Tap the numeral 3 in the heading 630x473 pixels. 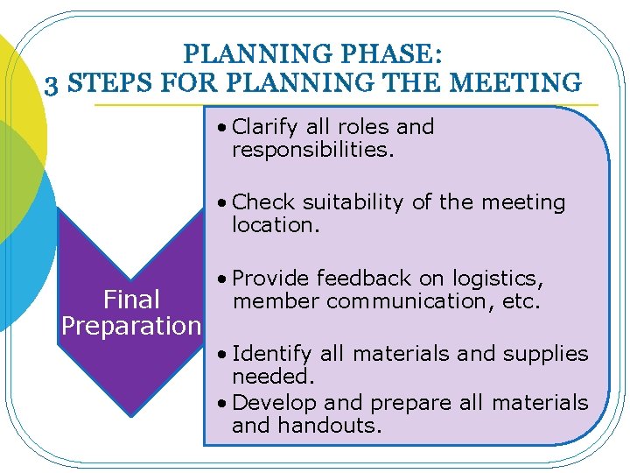[x=52, y=83]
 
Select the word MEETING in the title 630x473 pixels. [x=524, y=83]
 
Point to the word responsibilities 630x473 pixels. [x=313, y=150]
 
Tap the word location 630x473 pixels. [x=276, y=225]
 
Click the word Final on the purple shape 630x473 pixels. [x=131, y=300]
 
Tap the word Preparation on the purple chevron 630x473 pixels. [x=131, y=326]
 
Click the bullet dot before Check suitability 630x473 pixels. [x=224, y=203]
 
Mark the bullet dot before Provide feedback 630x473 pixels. [x=224, y=279]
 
